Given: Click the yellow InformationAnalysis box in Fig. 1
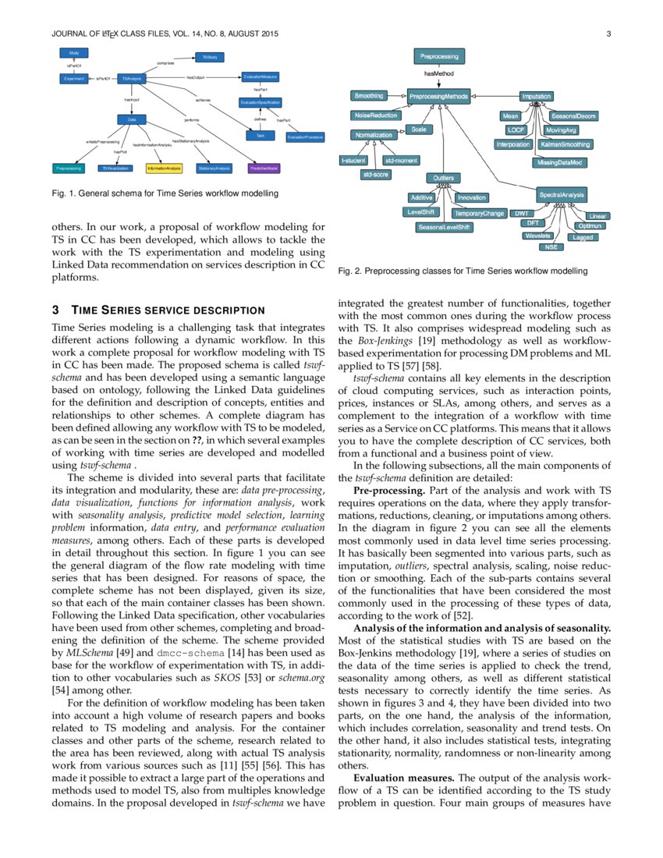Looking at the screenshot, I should pyautogui.click(x=164, y=168).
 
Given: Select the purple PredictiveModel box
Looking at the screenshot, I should pyautogui.click(x=265, y=168).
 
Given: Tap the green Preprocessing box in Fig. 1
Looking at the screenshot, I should pyautogui.click(x=69, y=168).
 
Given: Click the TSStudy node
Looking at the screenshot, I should pyautogui.click(x=210, y=57).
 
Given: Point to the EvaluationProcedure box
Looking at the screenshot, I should pyautogui.click(x=305, y=137).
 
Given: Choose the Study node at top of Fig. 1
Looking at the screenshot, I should pyautogui.click(x=74, y=53).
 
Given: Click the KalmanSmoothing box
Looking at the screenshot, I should pyautogui.click(x=565, y=144).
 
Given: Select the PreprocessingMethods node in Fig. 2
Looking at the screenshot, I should pyautogui.click(x=439, y=97).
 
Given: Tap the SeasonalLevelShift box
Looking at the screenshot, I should pyautogui.click(x=444, y=226).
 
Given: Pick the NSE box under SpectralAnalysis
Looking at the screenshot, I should pyautogui.click(x=551, y=246).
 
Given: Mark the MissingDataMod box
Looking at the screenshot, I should pyautogui.click(x=561, y=162).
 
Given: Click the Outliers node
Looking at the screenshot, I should pyautogui.click(x=443, y=178).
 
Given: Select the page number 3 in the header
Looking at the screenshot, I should pyautogui.click(x=607, y=34).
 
